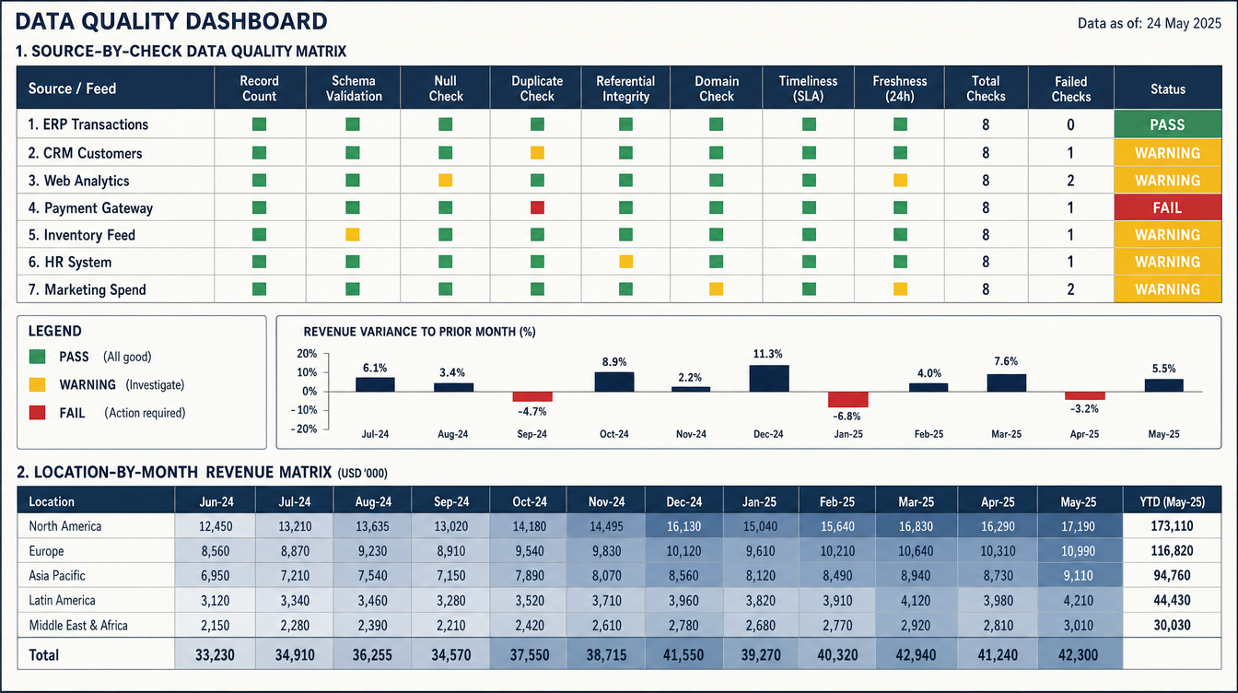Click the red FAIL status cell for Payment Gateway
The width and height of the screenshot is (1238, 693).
[1167, 207]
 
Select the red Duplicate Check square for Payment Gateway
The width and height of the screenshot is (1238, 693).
[537, 207]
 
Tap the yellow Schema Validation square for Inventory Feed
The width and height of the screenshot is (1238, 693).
[353, 234]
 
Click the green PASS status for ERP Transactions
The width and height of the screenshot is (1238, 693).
[1167, 124]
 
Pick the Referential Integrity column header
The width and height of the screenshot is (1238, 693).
[625, 88]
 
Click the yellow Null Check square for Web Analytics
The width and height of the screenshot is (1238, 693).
[446, 181]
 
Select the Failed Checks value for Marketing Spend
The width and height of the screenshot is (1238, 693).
[1070, 289]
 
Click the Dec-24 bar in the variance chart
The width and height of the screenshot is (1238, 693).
[769, 379]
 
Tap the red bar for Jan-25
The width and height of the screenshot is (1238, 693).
[847, 399]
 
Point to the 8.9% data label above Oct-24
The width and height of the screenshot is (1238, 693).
[614, 362]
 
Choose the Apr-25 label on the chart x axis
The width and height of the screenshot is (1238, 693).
[1084, 434]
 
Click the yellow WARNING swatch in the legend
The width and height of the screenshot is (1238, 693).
[37, 385]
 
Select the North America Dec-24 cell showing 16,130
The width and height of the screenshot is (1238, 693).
[683, 526]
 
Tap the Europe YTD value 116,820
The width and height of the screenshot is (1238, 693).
[1172, 551]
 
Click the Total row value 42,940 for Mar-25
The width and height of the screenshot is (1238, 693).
[916, 655]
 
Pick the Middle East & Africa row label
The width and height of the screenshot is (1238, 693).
[78, 626]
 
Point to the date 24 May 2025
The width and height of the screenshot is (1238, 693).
[1184, 23]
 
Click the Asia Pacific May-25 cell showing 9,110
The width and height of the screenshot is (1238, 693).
[1079, 576]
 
